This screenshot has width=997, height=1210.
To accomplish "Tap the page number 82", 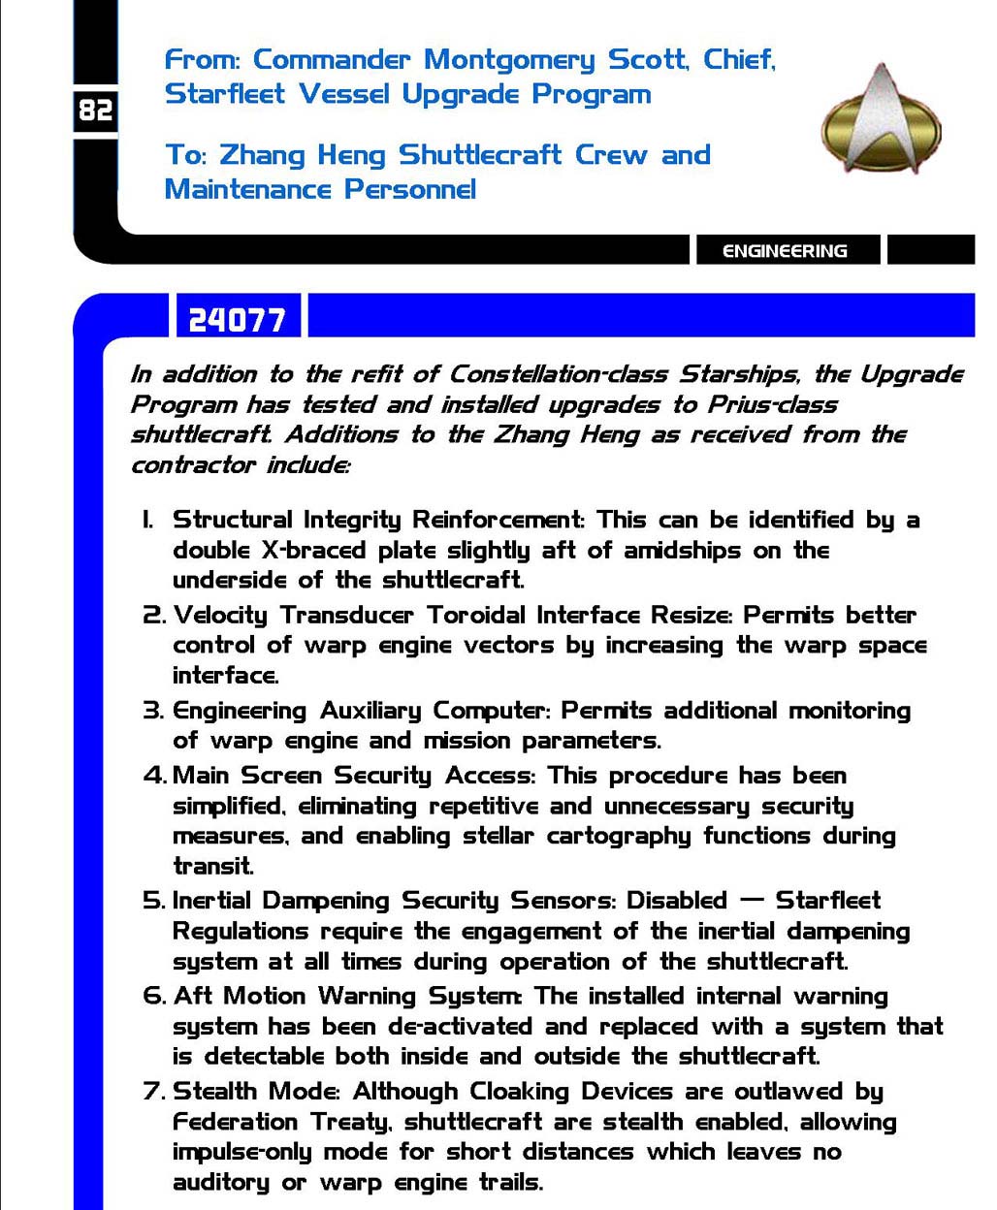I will (x=95, y=111).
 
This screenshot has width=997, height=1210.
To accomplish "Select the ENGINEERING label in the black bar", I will (x=785, y=251).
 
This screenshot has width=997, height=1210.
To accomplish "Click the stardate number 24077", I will (x=237, y=320).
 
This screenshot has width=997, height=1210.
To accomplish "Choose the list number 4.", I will (x=153, y=776).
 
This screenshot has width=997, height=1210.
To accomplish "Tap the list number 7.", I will (x=153, y=1092).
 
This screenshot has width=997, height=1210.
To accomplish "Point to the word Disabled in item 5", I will (x=676, y=901).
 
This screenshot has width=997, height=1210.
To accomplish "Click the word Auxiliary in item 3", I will (x=370, y=711).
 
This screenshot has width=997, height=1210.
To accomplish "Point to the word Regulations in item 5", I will (x=241, y=932).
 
